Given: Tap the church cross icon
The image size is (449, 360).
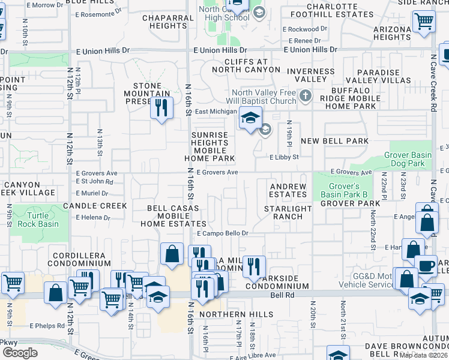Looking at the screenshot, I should pos(306,95).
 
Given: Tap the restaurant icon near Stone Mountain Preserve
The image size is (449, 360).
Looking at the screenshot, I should pos(161,108).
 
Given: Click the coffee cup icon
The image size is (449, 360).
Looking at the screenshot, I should pos(426,265).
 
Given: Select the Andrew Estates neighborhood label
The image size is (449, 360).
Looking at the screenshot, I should pos(288,190).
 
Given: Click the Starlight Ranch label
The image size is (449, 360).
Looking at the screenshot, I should pos(288,212).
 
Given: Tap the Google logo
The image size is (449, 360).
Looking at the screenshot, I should pos(20,353).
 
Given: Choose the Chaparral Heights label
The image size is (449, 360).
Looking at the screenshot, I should pos(164,22).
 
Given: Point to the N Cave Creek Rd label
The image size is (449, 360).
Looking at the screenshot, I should pos(433,90).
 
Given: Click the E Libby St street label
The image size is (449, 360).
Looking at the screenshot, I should pos(284,157).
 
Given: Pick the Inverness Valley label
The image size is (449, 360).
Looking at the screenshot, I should pos(310,76).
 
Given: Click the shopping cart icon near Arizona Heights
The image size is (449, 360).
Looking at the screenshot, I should pos(424,21).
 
